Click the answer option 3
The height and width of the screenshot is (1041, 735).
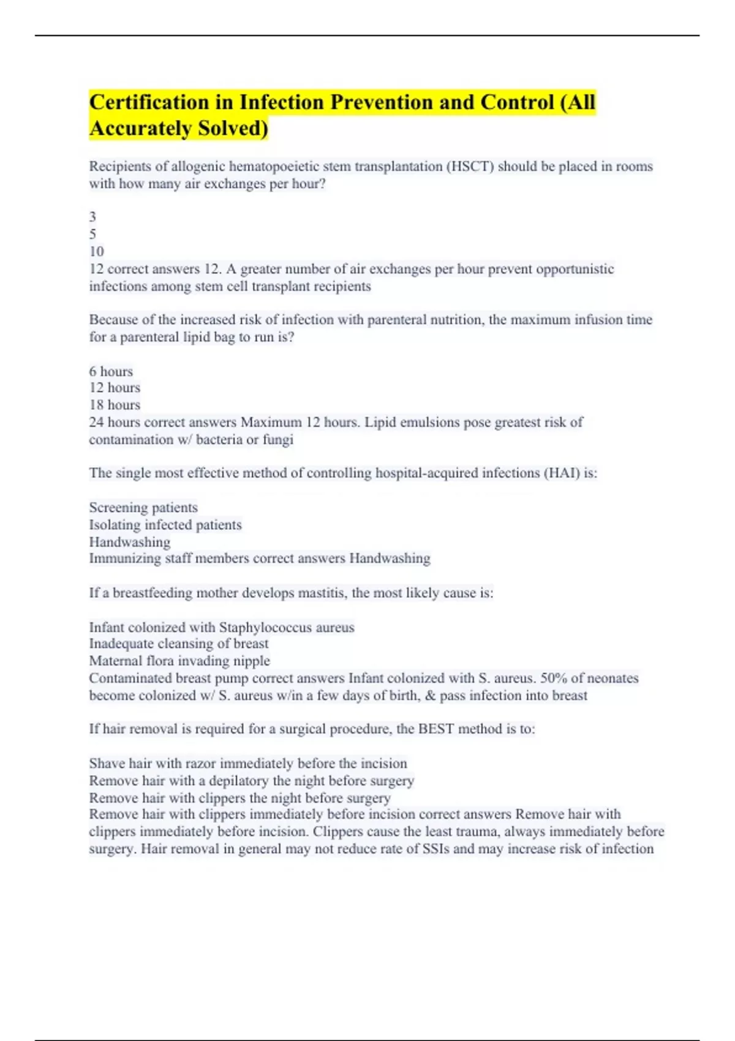click(x=92, y=217)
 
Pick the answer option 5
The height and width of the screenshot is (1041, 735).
click(x=92, y=234)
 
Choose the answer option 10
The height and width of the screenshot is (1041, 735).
click(x=96, y=251)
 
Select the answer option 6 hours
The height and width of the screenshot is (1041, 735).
click(x=111, y=371)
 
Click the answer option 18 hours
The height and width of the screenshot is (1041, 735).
click(x=115, y=405)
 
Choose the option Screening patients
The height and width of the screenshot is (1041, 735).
click(x=143, y=507)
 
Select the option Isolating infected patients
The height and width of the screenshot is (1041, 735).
click(x=165, y=525)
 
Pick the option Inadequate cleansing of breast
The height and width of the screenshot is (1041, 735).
click(x=179, y=644)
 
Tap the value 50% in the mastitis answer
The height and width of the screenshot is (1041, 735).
click(x=554, y=678)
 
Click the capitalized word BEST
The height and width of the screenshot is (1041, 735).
click(x=436, y=729)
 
